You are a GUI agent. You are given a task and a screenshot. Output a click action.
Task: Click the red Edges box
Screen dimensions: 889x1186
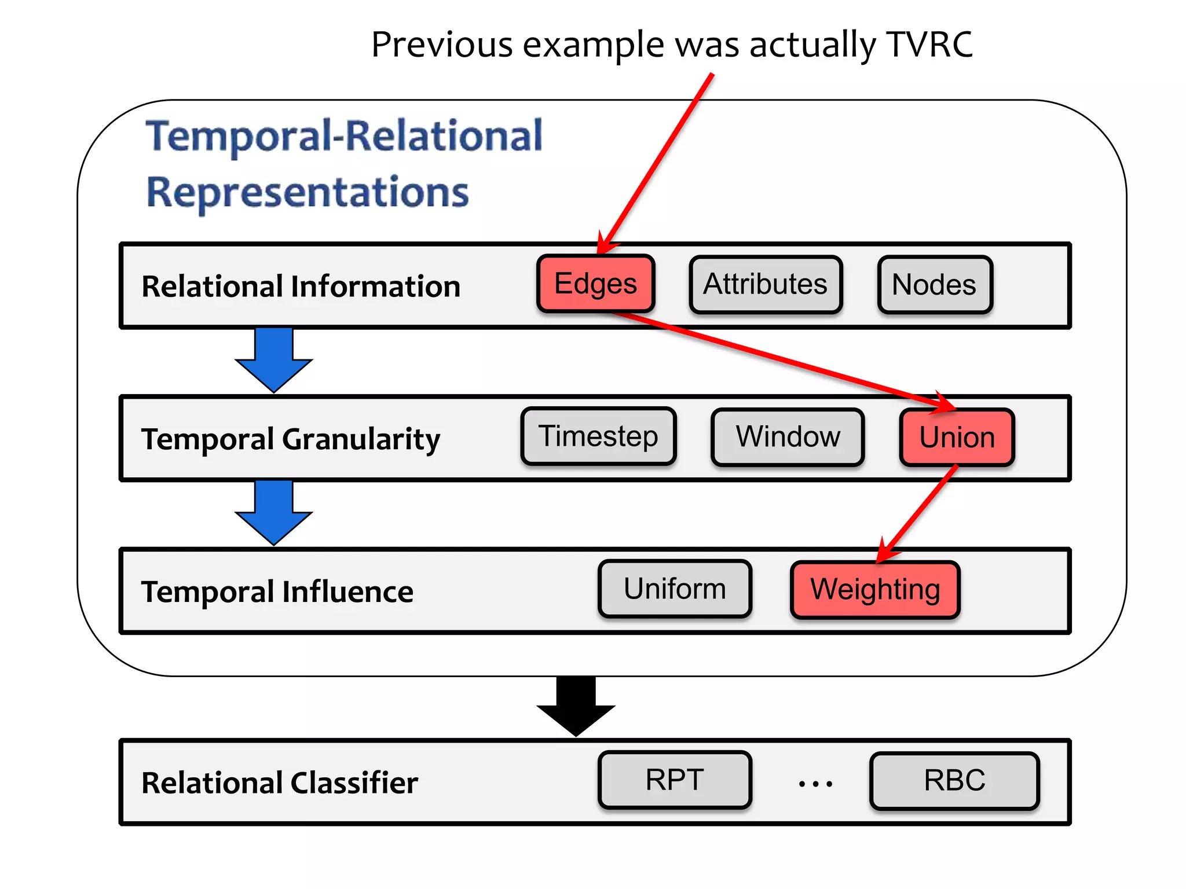[595, 284]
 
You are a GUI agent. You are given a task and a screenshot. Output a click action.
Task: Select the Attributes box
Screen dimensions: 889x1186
[765, 285]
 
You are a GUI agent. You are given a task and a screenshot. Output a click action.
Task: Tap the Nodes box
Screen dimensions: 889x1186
[934, 285]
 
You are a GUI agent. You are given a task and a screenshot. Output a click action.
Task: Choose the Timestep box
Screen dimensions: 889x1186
[598, 436]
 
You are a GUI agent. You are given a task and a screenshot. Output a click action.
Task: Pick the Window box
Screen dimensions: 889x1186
[788, 437]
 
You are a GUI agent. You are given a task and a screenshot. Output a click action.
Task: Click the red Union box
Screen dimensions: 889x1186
[957, 438]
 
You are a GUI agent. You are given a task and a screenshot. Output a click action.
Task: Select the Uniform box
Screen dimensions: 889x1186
[675, 589]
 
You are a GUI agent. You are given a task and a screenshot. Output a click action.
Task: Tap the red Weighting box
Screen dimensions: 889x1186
[874, 590]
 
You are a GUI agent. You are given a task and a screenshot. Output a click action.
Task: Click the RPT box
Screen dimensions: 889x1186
[675, 780]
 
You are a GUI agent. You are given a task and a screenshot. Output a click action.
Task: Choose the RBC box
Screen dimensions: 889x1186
[954, 780]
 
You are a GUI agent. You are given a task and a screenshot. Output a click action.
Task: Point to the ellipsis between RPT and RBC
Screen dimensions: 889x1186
[815, 784]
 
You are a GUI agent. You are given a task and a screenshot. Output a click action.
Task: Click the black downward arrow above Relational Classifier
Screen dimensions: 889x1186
[576, 706]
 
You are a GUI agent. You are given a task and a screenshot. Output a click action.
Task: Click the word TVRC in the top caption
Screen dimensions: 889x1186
[929, 45]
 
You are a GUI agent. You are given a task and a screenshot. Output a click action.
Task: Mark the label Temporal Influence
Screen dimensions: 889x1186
[277, 592]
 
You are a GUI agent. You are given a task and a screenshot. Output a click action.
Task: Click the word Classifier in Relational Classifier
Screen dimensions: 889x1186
[354, 783]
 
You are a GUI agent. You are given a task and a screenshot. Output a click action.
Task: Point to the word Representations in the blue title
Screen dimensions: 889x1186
[308, 193]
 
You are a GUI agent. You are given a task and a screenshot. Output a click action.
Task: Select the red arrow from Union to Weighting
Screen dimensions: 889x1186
[918, 512]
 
